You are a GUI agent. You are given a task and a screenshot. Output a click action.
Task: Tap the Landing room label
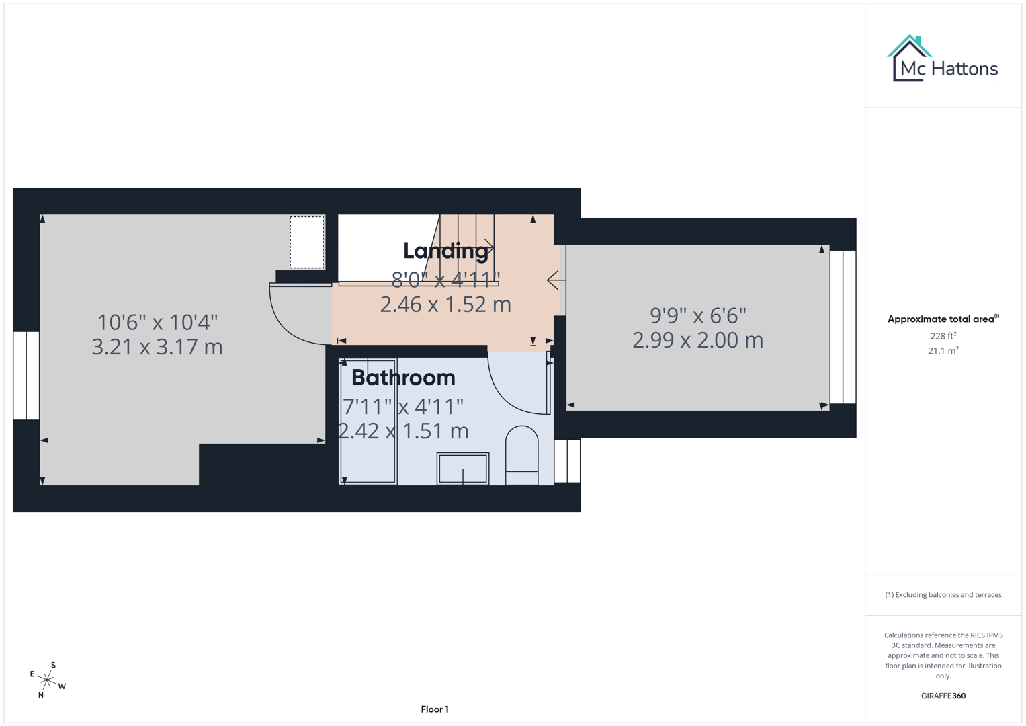(445, 251)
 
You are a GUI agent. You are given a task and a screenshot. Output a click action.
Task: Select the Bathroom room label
(403, 378)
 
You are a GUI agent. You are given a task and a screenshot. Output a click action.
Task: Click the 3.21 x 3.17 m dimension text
(157, 347)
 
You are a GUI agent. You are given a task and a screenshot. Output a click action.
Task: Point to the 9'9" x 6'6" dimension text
(697, 315)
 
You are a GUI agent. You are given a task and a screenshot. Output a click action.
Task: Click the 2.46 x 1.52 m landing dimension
(445, 305)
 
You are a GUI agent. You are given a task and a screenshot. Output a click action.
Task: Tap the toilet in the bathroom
(521, 454)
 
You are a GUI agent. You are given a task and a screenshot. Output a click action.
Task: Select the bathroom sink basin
(462, 468)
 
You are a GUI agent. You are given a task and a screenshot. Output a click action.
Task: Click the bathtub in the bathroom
(368, 421)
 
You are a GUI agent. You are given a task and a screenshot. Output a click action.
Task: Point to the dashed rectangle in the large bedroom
(307, 243)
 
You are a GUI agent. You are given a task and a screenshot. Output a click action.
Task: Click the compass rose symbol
(47, 680)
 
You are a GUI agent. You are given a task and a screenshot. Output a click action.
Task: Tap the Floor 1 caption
(435, 709)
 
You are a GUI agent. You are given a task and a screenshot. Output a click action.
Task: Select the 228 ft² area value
(943, 336)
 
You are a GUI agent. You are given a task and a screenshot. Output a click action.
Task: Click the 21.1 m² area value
(943, 351)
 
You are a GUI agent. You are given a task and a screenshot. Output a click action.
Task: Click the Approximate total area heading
(943, 319)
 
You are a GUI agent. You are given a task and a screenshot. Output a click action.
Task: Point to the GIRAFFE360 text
(943, 696)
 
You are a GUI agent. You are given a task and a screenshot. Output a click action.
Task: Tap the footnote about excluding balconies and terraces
(943, 595)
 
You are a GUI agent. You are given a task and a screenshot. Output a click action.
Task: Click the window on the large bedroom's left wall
(26, 375)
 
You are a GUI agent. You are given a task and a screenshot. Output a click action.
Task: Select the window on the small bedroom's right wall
(843, 327)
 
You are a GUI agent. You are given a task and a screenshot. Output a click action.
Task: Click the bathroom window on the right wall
(567, 461)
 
